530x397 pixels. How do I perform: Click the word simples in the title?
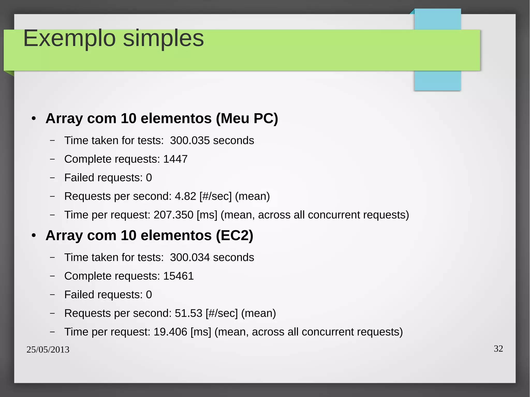point(163,39)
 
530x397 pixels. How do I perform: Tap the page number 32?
point(498,349)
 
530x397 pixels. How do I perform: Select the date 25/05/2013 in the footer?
point(48,350)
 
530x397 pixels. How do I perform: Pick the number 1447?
point(175,159)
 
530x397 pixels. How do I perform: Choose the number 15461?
point(178,276)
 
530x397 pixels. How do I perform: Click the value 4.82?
point(185,196)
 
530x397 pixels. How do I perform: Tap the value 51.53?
point(188,313)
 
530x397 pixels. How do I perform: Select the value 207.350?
point(173,215)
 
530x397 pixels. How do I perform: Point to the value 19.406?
point(170,332)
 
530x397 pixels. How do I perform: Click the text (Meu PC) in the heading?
point(247,118)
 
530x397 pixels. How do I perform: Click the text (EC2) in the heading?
point(234,235)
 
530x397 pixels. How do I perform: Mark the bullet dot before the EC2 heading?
point(34,236)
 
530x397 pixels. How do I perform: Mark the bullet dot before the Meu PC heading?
point(34,119)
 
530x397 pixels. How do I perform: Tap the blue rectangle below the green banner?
point(437,81)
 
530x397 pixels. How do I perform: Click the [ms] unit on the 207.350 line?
point(207,215)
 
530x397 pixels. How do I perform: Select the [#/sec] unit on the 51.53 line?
point(222,313)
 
